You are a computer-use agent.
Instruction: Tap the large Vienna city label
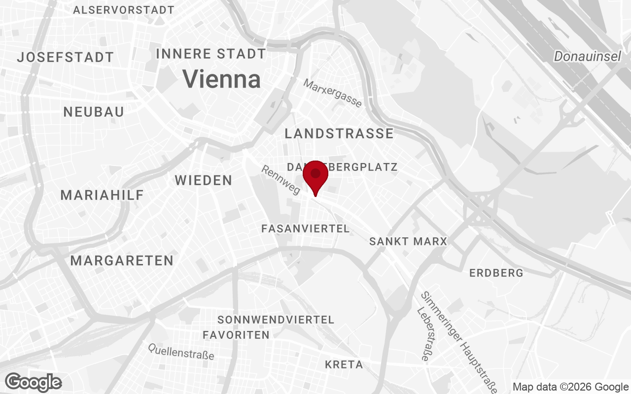221,79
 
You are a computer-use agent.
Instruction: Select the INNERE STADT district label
211,54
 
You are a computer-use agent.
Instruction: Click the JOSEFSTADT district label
66,57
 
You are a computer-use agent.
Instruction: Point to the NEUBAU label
94,112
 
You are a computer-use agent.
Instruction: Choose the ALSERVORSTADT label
124,10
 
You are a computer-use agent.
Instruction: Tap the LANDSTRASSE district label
339,133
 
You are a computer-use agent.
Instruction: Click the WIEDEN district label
204,180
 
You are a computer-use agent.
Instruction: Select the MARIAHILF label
102,195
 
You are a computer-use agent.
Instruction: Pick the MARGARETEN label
122,261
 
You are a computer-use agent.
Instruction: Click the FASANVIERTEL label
305,229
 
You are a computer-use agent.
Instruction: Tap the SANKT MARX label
408,241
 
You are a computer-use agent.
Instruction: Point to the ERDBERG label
496,273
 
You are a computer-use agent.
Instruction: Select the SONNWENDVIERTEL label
276,320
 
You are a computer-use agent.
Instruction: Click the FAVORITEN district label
236,335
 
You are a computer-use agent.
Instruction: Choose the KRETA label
344,364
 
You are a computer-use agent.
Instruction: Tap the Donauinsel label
587,57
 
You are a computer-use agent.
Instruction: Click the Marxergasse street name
332,93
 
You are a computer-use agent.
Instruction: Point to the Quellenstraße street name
181,352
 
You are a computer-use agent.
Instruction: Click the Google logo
34,382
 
